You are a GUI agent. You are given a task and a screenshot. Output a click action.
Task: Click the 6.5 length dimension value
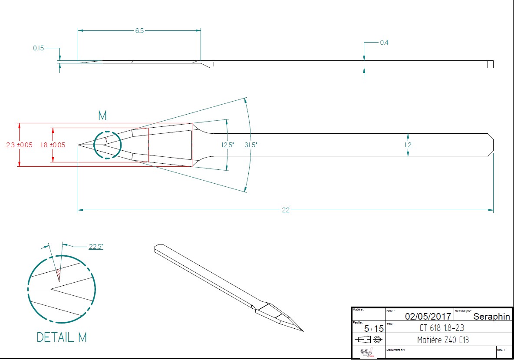pyautogui.click(x=139, y=31)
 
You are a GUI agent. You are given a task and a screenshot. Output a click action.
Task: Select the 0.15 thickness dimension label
pyautogui.click(x=39, y=48)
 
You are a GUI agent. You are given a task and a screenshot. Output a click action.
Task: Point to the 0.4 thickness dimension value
pyautogui.click(x=384, y=43)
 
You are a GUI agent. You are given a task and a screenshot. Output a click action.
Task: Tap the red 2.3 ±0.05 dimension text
pyautogui.click(x=19, y=145)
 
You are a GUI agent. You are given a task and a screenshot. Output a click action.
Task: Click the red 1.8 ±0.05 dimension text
pyautogui.click(x=53, y=145)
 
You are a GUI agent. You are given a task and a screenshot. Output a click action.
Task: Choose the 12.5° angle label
pyautogui.click(x=227, y=145)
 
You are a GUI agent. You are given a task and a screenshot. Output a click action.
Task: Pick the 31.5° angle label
pyautogui.click(x=251, y=145)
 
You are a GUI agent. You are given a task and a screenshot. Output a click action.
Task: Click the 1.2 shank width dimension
pyautogui.click(x=408, y=145)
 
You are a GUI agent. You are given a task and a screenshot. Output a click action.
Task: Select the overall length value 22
pyautogui.click(x=286, y=210)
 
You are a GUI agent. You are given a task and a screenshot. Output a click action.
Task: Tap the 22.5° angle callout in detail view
pyautogui.click(x=96, y=247)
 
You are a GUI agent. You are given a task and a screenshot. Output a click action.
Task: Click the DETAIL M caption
pyautogui.click(x=62, y=337)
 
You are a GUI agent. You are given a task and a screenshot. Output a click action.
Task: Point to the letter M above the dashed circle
pyautogui.click(x=102, y=116)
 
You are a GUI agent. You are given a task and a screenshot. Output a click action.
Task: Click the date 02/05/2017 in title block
pyautogui.click(x=428, y=316)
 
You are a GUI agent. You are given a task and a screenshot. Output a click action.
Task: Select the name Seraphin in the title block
pyautogui.click(x=491, y=317)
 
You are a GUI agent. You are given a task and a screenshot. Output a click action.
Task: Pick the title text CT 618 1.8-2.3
pyautogui.click(x=442, y=328)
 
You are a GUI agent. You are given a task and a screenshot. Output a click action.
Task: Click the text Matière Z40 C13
pyautogui.click(x=443, y=340)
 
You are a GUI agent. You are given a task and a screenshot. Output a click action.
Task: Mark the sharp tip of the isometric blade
pyautogui.click(x=303, y=331)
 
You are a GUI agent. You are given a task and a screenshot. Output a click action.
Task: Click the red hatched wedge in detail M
pyautogui.click(x=58, y=274)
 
